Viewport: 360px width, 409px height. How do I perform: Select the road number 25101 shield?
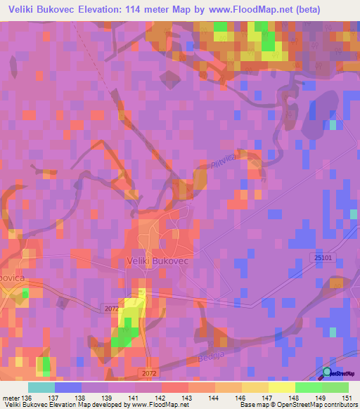[x=321, y=258]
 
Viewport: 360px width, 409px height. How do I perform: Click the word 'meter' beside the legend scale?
[x=11, y=398]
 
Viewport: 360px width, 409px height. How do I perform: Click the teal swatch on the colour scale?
[x=41, y=387]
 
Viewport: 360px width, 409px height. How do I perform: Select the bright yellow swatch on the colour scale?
[x=282, y=387]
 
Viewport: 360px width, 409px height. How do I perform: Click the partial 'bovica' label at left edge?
[x=13, y=278]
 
